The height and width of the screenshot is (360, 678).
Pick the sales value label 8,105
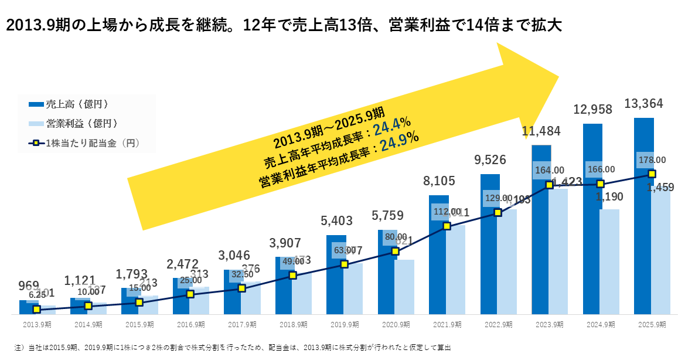pyautogui.click(x=439, y=182)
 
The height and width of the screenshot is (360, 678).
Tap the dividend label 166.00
pyautogui.click(x=600, y=169)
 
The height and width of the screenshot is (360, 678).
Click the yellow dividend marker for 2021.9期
pyautogui.click(x=447, y=226)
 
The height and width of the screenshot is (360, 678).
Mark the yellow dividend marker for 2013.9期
pyautogui.click(x=37, y=309)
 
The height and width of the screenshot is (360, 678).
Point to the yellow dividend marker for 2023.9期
pyautogui.click(x=549, y=185)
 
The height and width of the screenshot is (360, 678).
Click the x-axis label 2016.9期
pyautogui.click(x=191, y=325)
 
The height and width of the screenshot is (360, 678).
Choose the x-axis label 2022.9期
pyautogui.click(x=498, y=325)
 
